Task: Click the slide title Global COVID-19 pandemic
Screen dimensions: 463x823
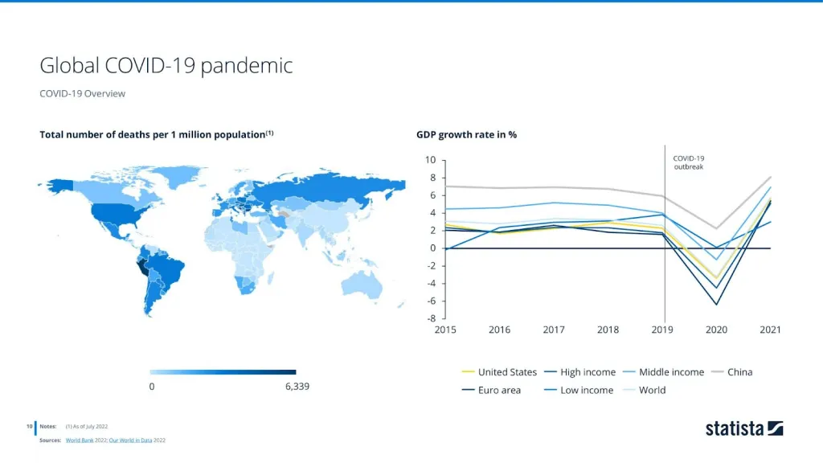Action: point(166,65)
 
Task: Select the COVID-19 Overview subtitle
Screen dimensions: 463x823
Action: point(82,93)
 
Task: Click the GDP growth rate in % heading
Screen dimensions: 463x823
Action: point(466,134)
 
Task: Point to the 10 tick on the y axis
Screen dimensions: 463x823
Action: point(430,160)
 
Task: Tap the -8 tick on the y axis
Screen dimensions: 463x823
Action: point(430,318)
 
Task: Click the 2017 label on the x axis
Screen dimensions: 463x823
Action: point(554,330)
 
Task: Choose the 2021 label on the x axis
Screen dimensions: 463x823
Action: point(770,330)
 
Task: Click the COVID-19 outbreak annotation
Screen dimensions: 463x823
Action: point(689,162)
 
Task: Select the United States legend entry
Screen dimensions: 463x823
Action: point(507,372)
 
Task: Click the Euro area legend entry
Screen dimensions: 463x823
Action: point(499,391)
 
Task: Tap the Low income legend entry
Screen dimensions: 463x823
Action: point(587,391)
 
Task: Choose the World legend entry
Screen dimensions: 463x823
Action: point(652,391)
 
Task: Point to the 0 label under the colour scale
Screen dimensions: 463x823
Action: point(152,387)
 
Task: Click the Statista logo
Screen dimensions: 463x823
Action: point(744,428)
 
